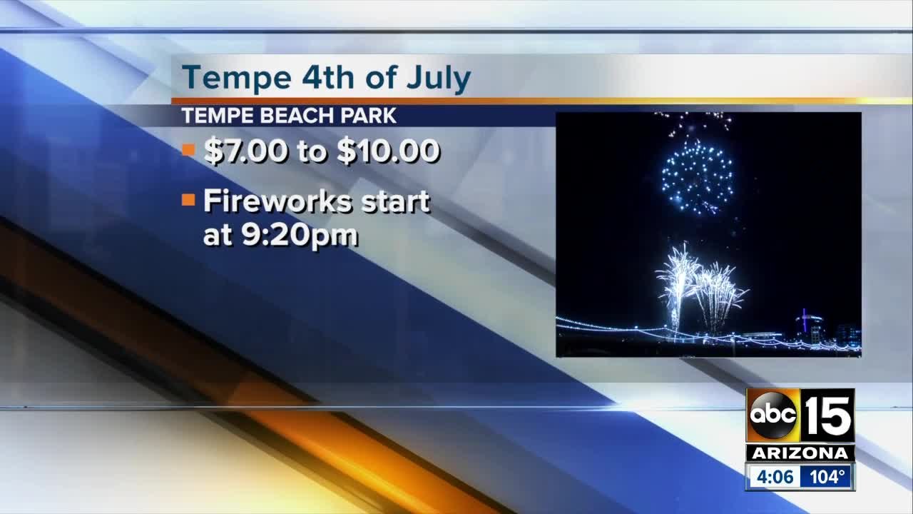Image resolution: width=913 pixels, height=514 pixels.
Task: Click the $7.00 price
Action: click(247, 152)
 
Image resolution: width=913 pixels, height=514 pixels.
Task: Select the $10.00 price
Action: click(388, 152)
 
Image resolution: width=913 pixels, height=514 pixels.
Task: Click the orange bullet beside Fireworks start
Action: click(188, 201)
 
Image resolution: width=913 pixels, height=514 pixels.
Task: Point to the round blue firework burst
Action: click(696, 176)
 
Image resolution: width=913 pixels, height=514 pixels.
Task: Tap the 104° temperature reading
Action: click(826, 476)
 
